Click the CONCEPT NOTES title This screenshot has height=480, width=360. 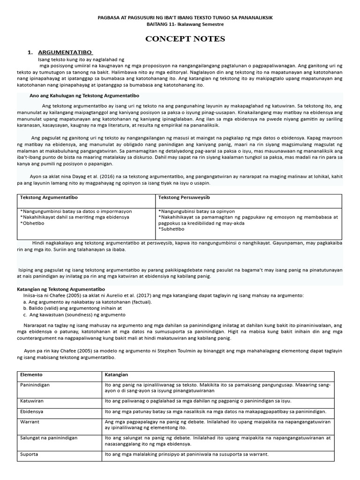point(185,39)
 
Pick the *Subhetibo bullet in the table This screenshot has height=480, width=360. point(172,229)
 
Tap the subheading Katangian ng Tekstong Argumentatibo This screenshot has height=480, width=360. point(61,289)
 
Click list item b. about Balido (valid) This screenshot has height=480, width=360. point(72,308)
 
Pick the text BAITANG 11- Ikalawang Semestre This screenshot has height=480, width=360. point(185,24)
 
